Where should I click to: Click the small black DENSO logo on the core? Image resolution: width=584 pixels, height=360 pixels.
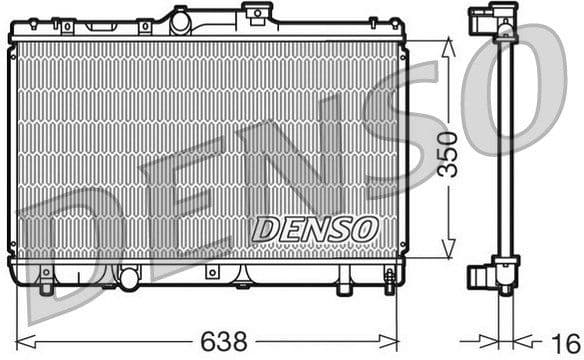(x=313, y=229)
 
